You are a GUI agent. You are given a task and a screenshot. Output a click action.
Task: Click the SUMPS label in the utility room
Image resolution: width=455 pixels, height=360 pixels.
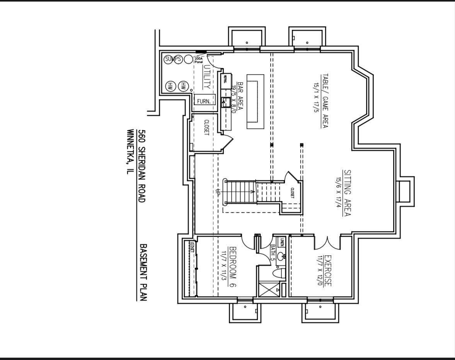coord(173,59)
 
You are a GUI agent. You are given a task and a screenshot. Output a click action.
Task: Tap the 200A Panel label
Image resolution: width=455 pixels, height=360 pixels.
coord(199,60)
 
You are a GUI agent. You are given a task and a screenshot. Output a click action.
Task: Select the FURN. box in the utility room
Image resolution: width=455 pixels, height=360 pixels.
coord(204,101)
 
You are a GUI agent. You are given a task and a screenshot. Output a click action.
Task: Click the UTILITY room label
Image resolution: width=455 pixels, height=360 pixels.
coord(207,77)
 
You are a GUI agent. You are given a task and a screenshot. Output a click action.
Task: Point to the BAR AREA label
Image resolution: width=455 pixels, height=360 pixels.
coord(240,97)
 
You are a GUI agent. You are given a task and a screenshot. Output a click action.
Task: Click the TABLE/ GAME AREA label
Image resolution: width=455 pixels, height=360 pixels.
coord(324,101)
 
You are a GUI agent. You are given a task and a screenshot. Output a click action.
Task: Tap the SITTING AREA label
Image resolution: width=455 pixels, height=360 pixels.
coord(347,193)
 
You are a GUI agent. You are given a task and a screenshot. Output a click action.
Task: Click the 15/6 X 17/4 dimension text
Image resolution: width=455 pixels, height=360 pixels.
coord(338,193)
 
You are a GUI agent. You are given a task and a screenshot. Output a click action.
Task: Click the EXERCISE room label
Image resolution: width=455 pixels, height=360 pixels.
coord(327,271)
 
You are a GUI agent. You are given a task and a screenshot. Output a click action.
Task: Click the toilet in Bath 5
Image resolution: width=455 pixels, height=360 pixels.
coord(278,273)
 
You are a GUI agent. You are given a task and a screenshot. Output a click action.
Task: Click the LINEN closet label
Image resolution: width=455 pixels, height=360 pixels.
coord(282,242)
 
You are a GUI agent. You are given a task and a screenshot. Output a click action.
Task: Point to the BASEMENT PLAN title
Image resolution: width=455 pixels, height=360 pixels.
coord(142,272)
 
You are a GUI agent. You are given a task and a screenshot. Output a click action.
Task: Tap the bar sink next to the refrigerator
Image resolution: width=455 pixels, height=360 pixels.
coord(226,102)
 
